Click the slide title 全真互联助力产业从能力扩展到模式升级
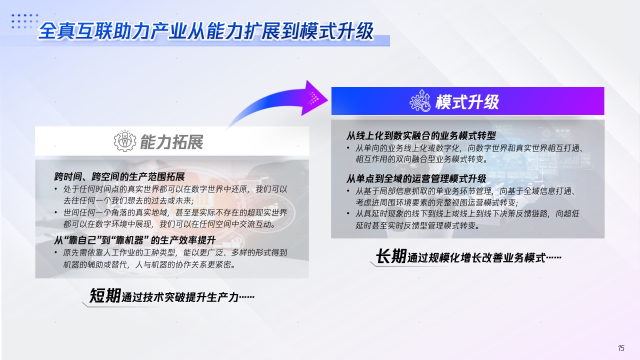coord(205,31)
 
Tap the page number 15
coord(621,348)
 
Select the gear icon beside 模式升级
coord(419,100)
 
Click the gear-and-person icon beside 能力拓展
coord(125,140)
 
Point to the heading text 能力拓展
coord(171,141)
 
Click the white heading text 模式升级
coord(467,101)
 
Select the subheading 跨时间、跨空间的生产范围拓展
coord(119,176)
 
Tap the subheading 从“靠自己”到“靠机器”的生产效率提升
coord(134,240)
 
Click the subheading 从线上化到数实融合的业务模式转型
coord(421,135)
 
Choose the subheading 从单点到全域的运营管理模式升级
coord(416,179)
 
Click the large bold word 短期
coord(105,295)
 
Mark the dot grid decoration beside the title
coord(25,21)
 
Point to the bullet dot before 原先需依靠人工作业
coord(56,252)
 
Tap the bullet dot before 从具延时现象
coord(348,213)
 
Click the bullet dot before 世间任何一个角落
coord(56,212)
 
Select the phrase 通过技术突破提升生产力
coord(180,297)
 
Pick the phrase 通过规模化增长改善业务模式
coord(476,257)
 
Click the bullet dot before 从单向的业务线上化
coord(348,148)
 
